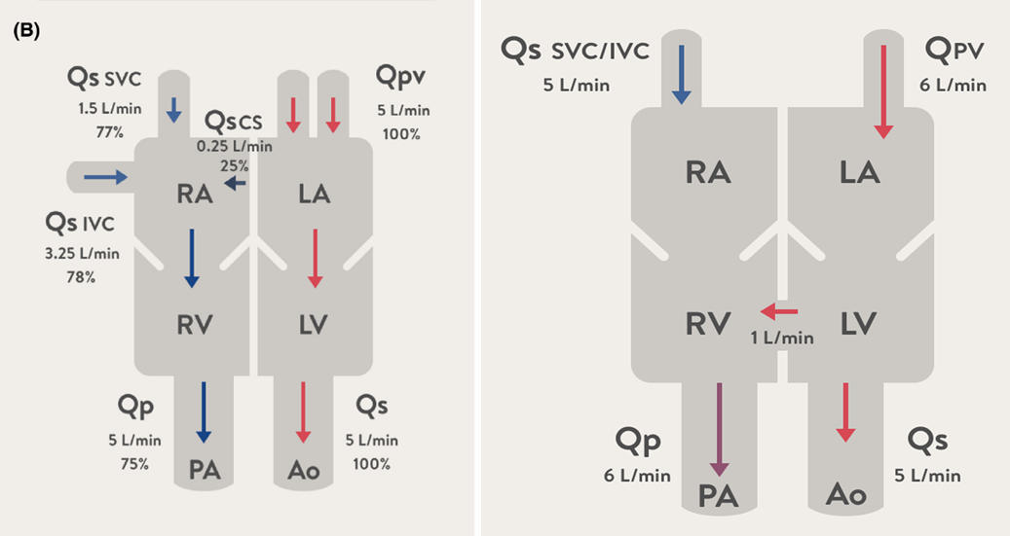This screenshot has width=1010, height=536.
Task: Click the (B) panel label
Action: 25,32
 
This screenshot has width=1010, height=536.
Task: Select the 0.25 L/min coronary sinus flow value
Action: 233,146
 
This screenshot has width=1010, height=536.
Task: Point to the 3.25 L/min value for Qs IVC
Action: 82,254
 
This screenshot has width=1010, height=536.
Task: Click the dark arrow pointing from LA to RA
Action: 235,183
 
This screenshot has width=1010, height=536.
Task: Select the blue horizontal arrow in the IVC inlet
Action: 105,177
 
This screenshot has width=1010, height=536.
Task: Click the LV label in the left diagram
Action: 314,323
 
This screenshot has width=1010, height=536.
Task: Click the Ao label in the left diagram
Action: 303,472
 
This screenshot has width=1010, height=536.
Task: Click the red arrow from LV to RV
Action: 779,311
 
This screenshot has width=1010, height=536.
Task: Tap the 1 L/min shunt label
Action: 782,338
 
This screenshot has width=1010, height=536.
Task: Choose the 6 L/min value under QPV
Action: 954,85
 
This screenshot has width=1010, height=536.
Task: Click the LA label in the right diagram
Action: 860,172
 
